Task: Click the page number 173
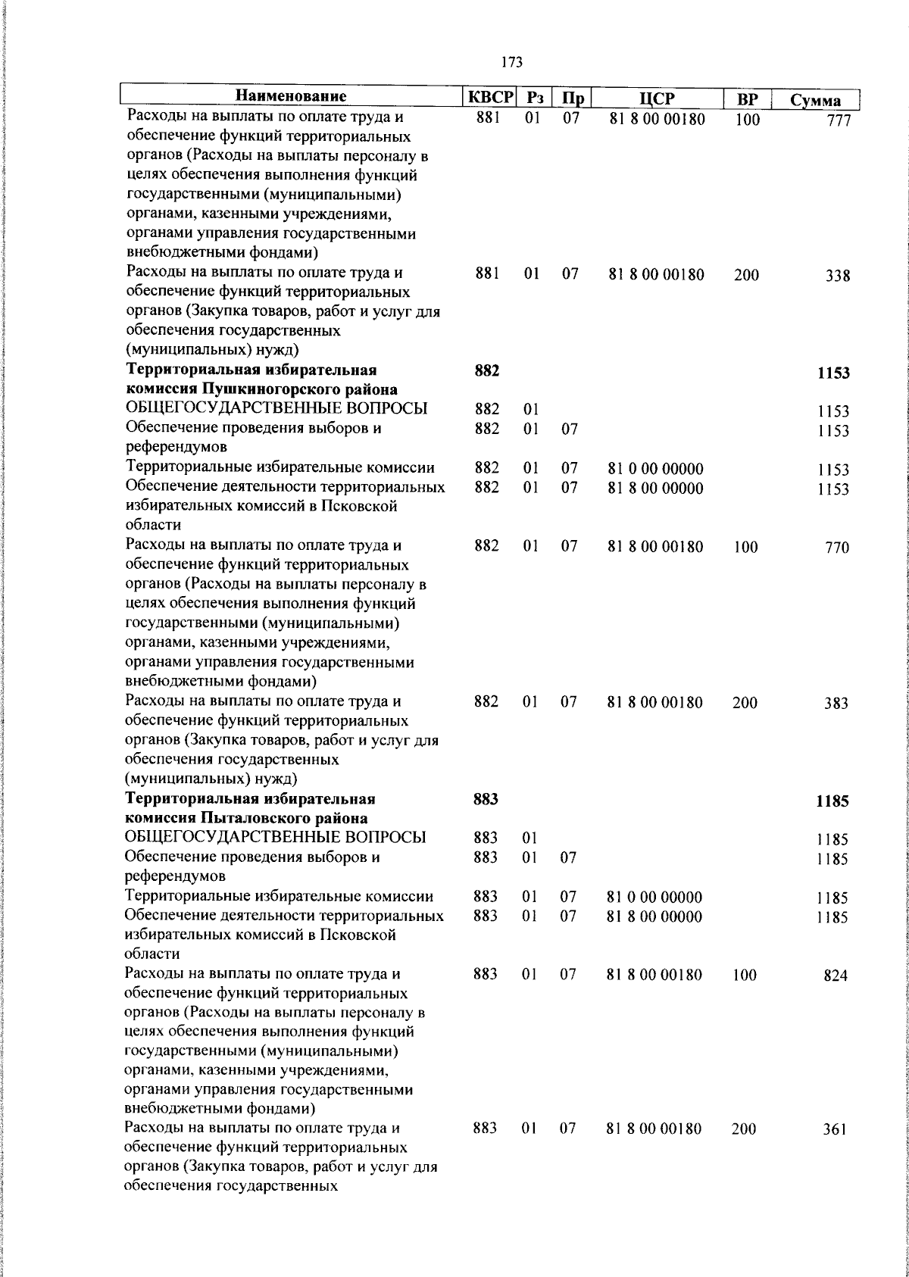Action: pos(512,63)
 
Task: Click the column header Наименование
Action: pos(290,97)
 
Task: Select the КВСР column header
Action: pos(489,98)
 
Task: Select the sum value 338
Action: pos(838,276)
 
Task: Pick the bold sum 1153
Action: pos(833,373)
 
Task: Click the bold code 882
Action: pos(486,370)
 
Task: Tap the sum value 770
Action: pos(837,548)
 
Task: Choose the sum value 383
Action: pos(836,704)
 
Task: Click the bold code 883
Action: pos(486,799)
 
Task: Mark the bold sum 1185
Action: pos(832,801)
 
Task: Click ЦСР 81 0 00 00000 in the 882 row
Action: pos(655,470)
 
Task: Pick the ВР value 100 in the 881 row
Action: pos(747,120)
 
